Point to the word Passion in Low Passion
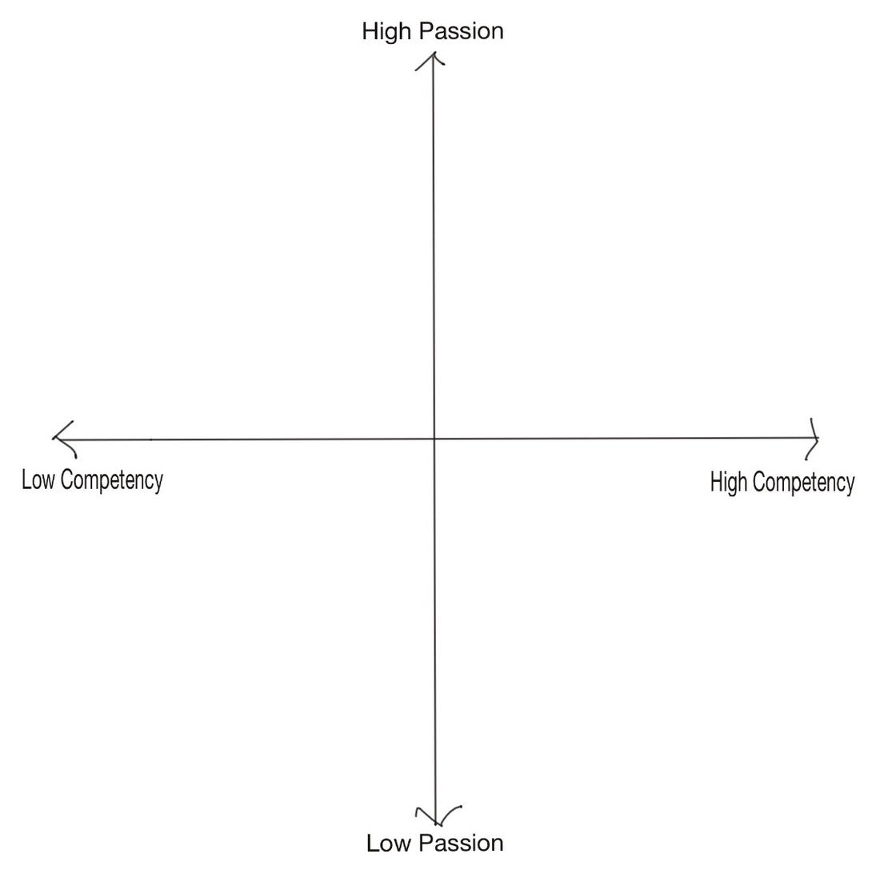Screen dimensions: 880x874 coord(461,843)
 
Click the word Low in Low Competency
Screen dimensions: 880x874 coord(38,480)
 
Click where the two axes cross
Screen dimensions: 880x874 coord(434,439)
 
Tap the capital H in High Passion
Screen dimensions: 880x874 coord(370,31)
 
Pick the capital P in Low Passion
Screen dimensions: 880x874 coord(426,843)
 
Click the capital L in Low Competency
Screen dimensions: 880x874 coord(26,480)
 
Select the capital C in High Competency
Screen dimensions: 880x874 coord(758,483)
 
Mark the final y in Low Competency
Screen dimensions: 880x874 coord(158,484)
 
